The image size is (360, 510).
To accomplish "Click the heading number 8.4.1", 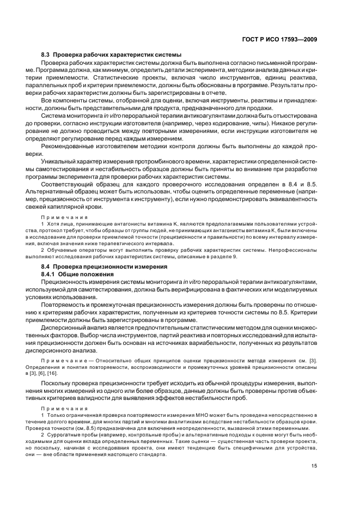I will point(50,274).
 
